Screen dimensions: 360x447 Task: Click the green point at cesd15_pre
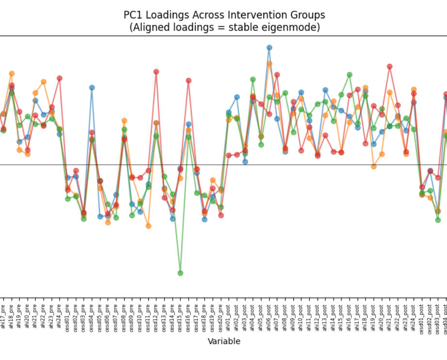pyautogui.click(x=180, y=273)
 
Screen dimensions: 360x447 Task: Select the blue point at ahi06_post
pyautogui.click(x=269, y=47)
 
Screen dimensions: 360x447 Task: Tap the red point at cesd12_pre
pyautogui.click(x=156, y=72)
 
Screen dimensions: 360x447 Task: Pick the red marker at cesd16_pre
pyautogui.click(x=189, y=80)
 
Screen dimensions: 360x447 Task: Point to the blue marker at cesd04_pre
pyautogui.click(x=92, y=88)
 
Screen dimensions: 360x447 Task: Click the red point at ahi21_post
pyautogui.click(x=389, y=66)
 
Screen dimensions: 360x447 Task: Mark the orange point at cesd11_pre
pyautogui.click(x=148, y=226)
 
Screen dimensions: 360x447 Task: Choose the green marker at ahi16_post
pyautogui.click(x=350, y=75)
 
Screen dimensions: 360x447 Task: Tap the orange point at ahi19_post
pyautogui.click(x=374, y=166)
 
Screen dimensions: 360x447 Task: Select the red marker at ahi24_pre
pyautogui.click(x=60, y=78)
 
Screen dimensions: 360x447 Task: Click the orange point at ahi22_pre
pyautogui.click(x=43, y=82)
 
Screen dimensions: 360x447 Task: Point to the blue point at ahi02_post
pyautogui.click(x=237, y=97)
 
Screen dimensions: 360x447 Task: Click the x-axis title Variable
pyautogui.click(x=224, y=342)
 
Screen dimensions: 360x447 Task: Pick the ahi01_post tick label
pyautogui.click(x=229, y=316)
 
